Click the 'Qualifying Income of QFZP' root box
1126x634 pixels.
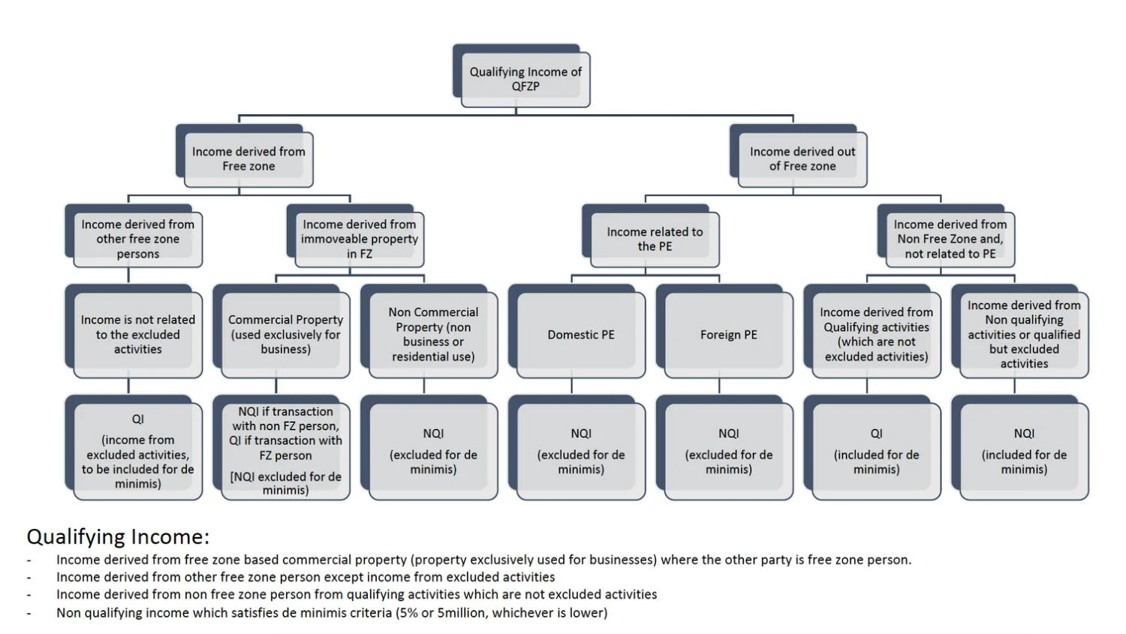525,79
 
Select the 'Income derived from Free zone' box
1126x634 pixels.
248,159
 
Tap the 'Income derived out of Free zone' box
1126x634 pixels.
802,159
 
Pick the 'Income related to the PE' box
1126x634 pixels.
655,240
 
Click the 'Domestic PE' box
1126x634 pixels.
580,335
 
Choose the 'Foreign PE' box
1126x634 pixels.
728,335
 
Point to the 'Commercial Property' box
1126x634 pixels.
285,335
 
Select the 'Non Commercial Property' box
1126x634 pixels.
433,335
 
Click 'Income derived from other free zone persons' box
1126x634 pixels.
137,240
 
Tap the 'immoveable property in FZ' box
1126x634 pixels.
360,240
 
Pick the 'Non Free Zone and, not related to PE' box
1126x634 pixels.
950,240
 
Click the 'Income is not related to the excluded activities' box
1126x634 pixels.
137,335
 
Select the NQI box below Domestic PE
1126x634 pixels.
580,451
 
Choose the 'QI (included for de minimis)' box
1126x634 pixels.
876,451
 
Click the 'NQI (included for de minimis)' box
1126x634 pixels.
1024,451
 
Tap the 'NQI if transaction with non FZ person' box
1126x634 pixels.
285,451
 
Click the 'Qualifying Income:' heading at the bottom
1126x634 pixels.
118,537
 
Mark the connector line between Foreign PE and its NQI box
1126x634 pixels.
719,386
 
